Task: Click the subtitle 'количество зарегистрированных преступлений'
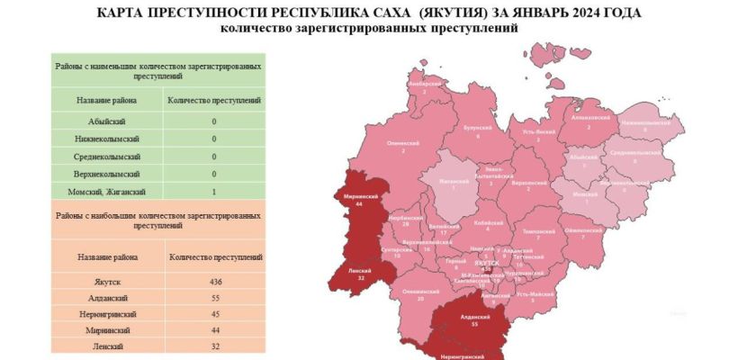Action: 369,28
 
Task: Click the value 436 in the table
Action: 214,282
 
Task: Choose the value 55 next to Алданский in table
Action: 214,298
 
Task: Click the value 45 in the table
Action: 214,314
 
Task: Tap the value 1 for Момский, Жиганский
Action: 214,191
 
